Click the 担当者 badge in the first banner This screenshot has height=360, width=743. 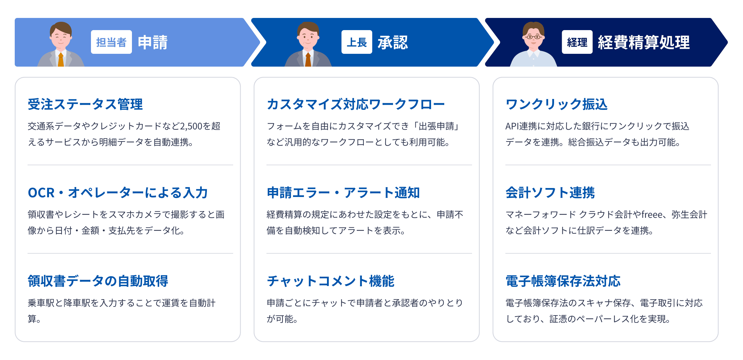tap(111, 42)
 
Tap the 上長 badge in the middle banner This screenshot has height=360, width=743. tap(356, 42)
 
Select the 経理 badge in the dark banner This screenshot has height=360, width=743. tap(577, 42)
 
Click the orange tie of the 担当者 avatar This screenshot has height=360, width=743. tap(61, 60)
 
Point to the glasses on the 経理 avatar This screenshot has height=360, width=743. tap(533, 37)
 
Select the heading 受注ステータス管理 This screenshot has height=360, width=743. tap(85, 104)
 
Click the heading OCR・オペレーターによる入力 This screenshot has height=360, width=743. tap(118, 193)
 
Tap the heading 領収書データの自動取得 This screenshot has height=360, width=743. tap(98, 281)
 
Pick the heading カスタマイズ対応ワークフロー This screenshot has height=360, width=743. tap(356, 104)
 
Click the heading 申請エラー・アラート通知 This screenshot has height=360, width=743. tap(343, 193)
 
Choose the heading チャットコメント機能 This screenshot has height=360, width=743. tap(331, 281)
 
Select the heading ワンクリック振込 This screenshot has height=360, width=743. tap(556, 104)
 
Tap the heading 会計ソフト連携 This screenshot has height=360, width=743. tap(550, 193)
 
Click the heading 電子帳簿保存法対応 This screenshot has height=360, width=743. tap(563, 281)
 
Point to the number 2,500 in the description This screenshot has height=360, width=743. tap(191, 127)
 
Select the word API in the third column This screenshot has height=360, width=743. tap(512, 127)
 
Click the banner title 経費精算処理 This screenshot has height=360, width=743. tap(643, 42)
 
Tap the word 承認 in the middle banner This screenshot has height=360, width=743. tap(393, 42)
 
